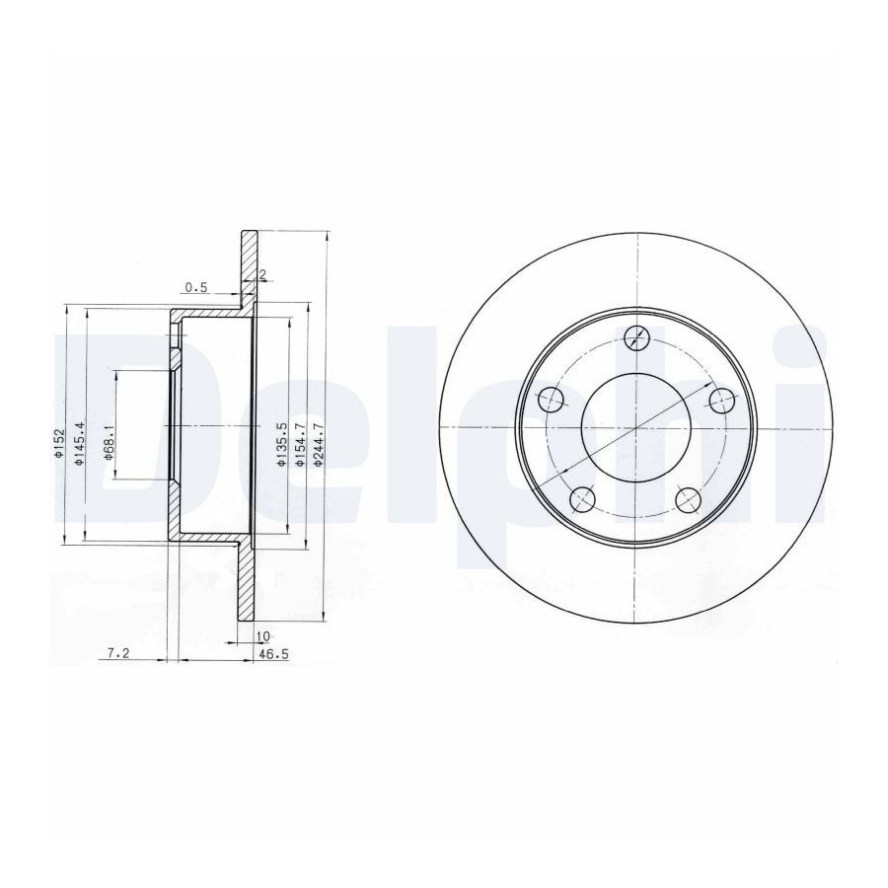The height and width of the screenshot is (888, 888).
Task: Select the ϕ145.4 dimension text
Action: pyautogui.click(x=79, y=444)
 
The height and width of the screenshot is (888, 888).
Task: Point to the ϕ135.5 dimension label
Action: pyautogui.click(x=281, y=444)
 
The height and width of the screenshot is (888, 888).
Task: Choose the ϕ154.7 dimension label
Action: pyautogui.click(x=300, y=444)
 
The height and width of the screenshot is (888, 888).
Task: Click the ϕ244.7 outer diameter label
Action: pyautogui.click(x=319, y=444)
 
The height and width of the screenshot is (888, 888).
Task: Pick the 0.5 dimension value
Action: pyautogui.click(x=196, y=288)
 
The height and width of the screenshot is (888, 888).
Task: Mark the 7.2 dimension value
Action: pyautogui.click(x=118, y=653)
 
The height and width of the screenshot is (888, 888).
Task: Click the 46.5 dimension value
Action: pyautogui.click(x=274, y=654)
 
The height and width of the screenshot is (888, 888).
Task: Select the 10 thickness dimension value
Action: pyautogui.click(x=262, y=636)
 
